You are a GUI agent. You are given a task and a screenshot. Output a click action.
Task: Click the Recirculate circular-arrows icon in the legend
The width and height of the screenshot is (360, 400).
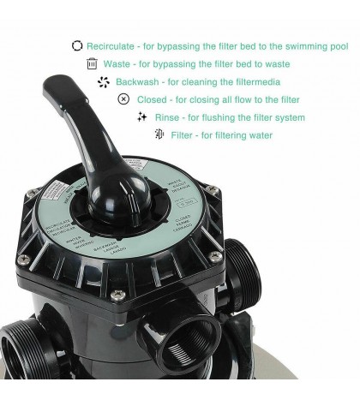[77, 45]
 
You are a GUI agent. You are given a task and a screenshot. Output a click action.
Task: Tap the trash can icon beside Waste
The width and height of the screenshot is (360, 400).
[92, 63]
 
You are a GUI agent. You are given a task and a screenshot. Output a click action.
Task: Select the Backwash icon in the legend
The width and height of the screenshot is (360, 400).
[105, 81]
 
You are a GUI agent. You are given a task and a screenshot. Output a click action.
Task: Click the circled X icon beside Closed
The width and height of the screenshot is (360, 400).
[123, 99]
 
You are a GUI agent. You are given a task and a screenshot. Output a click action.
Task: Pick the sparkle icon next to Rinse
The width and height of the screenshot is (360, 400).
[142, 116]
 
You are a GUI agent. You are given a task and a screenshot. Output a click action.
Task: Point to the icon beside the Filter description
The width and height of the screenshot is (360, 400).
[159, 134]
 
